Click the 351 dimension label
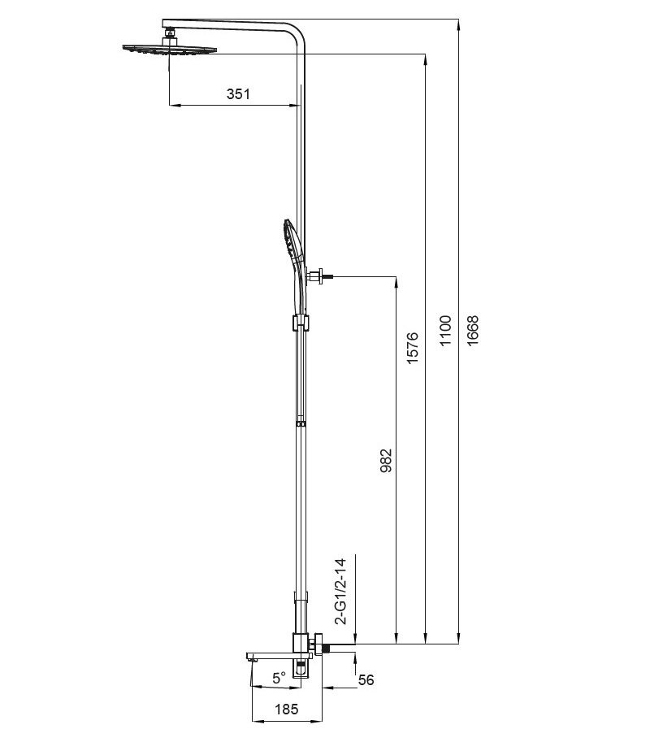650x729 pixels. tap(238, 94)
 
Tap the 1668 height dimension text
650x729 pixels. tap(472, 331)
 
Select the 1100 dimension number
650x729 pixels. tap(445, 331)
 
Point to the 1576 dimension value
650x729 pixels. tap(413, 348)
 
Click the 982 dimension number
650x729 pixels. tap(386, 460)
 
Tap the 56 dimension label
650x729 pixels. tap(366, 679)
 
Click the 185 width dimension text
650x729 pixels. tap(287, 709)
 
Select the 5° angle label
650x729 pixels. tap(279, 679)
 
